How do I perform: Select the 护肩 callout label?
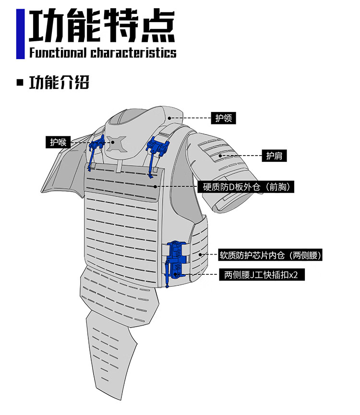pos(275,156)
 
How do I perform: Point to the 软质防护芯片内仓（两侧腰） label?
pos(270,255)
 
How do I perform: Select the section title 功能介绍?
pos(59,82)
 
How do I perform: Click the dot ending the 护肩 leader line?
pos(220,156)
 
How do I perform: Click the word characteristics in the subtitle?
pos(133,52)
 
